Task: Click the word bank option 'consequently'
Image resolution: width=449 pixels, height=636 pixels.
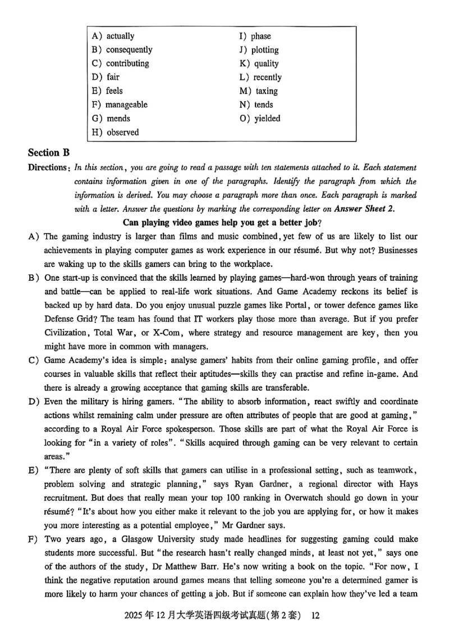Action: coord(129,49)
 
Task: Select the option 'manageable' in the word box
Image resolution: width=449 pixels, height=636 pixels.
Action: coord(127,105)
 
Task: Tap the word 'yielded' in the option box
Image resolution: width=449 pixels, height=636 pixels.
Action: coord(267,119)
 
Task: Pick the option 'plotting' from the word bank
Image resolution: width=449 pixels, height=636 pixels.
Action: coord(265,49)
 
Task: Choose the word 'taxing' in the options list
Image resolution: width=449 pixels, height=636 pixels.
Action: coord(267,91)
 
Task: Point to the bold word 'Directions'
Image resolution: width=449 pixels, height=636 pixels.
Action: coord(48,167)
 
